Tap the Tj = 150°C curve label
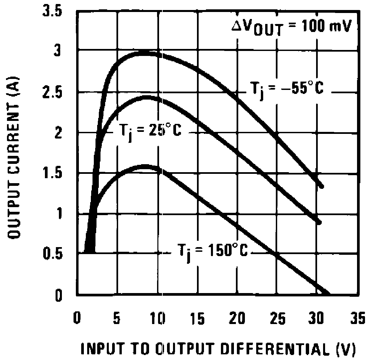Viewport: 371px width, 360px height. (x=211, y=252)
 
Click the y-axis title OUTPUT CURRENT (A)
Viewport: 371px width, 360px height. (x=13, y=157)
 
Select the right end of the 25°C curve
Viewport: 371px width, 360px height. (x=319, y=222)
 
